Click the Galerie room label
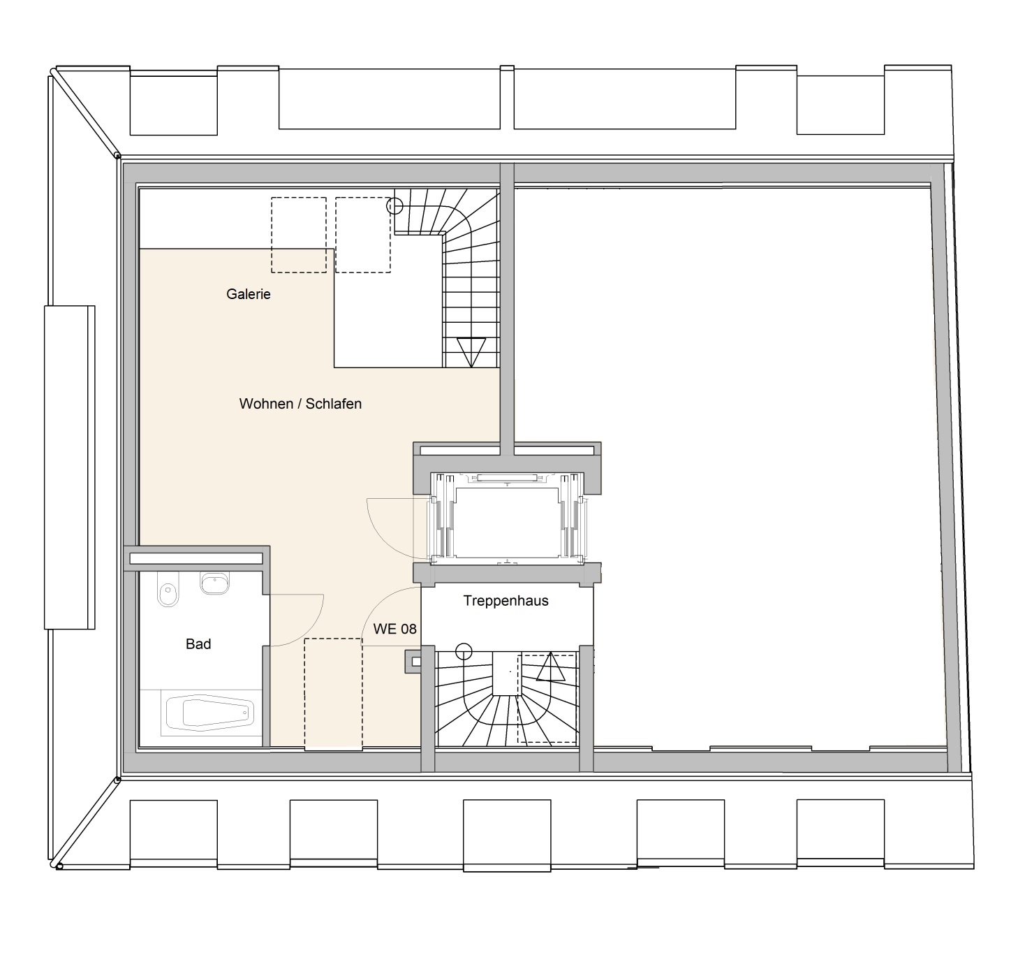pos(248,294)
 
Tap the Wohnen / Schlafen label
pos(300,404)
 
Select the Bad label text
pos(198,644)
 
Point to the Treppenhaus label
pos(506,601)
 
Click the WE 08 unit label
pos(394,629)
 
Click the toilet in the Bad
pos(168,595)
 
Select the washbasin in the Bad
pos(215,583)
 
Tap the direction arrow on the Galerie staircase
pos(471,352)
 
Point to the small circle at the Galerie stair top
pos(394,206)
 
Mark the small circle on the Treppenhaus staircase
pos(464,652)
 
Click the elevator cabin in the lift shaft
pos(506,523)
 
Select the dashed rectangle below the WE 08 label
pos(333,695)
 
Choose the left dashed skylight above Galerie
pos(299,235)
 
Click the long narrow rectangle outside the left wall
pos(70,467)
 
